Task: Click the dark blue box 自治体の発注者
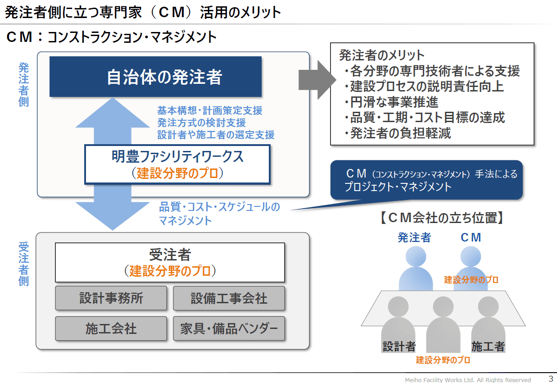click(x=155, y=77)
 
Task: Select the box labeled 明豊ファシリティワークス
click(x=177, y=164)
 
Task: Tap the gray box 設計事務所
click(x=111, y=298)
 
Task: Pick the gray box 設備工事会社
click(x=229, y=298)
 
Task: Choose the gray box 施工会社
click(x=111, y=328)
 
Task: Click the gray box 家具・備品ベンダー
click(x=229, y=328)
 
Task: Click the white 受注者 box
click(x=170, y=262)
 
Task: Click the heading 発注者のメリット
click(x=381, y=55)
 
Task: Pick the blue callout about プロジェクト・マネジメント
click(x=426, y=180)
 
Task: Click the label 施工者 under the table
click(x=488, y=347)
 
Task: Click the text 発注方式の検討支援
click(x=201, y=122)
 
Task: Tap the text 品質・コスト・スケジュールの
click(x=219, y=207)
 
